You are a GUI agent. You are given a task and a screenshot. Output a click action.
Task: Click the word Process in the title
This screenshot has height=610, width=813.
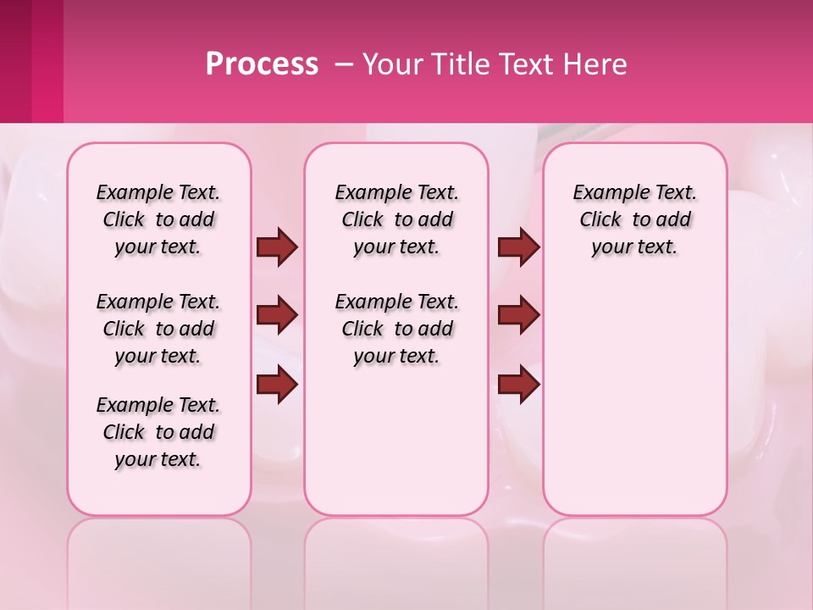262,64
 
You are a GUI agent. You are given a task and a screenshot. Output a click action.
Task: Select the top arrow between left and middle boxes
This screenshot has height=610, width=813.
277,247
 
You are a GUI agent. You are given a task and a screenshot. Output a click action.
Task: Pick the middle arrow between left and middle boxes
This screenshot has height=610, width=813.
277,315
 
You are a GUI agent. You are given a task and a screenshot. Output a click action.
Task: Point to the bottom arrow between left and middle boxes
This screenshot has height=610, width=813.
277,384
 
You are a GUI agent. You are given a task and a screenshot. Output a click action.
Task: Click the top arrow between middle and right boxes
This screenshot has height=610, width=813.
519,247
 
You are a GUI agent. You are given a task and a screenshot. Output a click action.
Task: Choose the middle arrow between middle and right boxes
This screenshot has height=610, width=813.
519,315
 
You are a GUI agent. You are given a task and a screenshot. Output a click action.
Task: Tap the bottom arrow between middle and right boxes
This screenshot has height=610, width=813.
519,384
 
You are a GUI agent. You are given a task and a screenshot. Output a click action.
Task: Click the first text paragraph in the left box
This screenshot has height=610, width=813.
158,219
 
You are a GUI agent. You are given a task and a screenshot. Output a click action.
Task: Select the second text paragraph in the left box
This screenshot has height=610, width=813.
158,329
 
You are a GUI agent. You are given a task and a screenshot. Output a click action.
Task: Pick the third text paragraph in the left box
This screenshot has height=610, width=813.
158,432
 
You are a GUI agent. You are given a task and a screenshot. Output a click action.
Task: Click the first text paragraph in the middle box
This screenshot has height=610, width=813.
397,219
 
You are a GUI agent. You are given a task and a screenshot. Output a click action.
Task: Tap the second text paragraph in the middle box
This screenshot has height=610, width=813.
397,329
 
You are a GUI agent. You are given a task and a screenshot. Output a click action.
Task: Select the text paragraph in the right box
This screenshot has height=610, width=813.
635,219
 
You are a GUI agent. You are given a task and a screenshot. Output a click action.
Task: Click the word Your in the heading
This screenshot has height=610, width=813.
392,64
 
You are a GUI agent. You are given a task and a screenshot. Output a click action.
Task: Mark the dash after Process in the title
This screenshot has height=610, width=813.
343,65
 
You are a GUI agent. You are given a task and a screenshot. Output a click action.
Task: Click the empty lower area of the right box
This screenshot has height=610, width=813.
635,407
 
